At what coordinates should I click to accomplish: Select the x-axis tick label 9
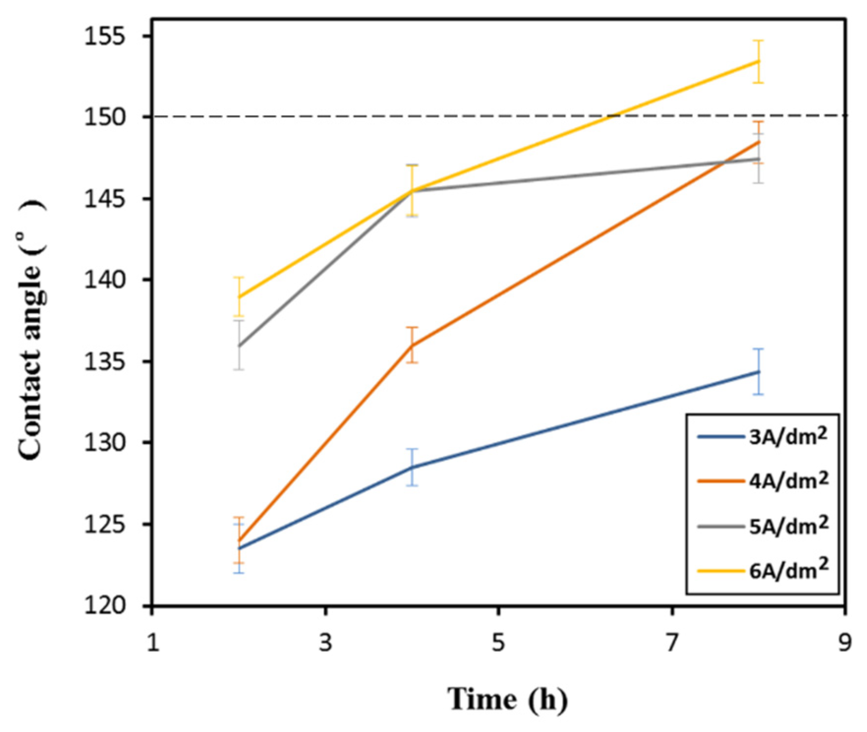pyautogui.click(x=844, y=642)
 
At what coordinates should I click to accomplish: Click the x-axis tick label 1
pyautogui.click(x=153, y=642)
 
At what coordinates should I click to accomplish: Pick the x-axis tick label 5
pyautogui.click(x=498, y=642)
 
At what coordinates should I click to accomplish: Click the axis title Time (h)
pyautogui.click(x=507, y=699)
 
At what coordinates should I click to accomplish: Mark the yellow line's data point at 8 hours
pyautogui.click(x=758, y=61)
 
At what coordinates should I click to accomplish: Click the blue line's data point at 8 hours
pyautogui.click(x=758, y=372)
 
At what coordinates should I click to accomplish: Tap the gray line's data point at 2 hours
pyautogui.click(x=239, y=345)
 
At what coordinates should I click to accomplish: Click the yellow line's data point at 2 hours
pyautogui.click(x=239, y=297)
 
